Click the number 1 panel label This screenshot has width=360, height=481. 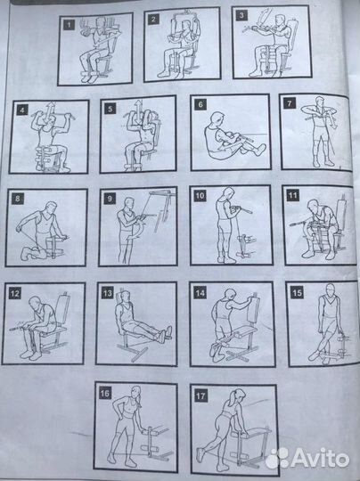pyautogui.click(x=69, y=25)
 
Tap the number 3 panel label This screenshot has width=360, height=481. pyautogui.click(x=241, y=16)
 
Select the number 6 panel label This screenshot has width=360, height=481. pyautogui.click(x=200, y=104)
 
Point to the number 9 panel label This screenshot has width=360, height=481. pyautogui.click(x=110, y=198)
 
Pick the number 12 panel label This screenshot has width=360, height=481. pyautogui.click(x=15, y=294)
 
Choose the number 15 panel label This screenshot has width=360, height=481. pyautogui.click(x=297, y=292)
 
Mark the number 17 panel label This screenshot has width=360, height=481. pyautogui.click(x=200, y=395)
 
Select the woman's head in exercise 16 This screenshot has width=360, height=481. pyautogui.click(x=135, y=393)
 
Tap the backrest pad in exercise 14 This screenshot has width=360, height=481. pyautogui.click(x=255, y=309)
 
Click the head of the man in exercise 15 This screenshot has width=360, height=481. pyautogui.click(x=330, y=289)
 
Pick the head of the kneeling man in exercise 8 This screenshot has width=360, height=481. pyautogui.click(x=51, y=208)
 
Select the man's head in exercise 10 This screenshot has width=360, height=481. pyautogui.click(x=228, y=194)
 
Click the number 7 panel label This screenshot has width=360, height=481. pyautogui.click(x=289, y=103)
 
